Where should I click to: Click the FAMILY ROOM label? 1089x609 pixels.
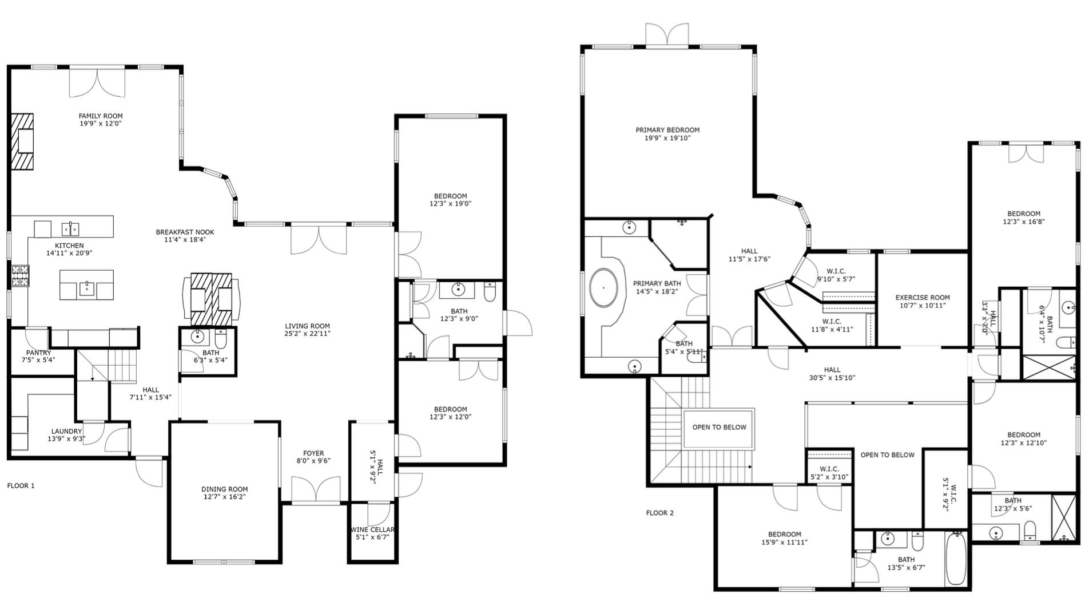[101, 116]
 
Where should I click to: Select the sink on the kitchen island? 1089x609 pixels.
[86, 286]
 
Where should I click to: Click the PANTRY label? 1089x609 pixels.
[38, 353]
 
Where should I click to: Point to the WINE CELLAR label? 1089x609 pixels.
[373, 529]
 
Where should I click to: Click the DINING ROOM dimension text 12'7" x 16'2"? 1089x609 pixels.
[225, 497]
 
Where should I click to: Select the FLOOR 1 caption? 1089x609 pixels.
[21, 486]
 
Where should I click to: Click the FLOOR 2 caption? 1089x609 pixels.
[659, 513]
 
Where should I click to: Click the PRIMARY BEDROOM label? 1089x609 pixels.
[667, 130]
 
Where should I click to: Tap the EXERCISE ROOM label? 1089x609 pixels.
[922, 298]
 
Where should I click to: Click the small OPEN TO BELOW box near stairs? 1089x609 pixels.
[719, 428]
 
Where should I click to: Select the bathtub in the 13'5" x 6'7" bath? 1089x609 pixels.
[955, 558]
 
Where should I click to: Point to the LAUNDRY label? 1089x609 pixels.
[66, 432]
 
